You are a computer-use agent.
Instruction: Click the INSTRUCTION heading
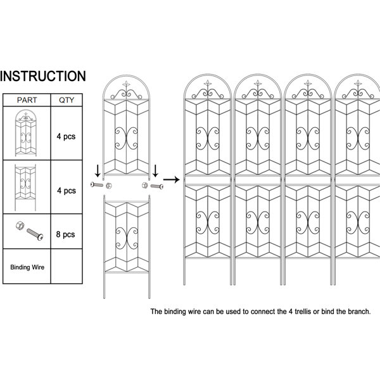[x=43, y=76]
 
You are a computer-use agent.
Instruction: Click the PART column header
[x=27, y=100]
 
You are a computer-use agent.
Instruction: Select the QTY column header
[x=66, y=100]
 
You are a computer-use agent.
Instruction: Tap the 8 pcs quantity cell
[x=66, y=234]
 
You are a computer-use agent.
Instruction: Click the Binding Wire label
[x=27, y=267]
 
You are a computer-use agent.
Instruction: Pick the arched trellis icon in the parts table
[x=26, y=133]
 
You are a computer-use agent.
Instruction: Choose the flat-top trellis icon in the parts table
[x=25, y=187]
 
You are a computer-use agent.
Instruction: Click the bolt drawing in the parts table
[x=35, y=234]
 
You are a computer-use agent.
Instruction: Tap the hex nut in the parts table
[x=20, y=225]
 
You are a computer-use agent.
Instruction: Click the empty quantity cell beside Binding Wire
[x=66, y=266]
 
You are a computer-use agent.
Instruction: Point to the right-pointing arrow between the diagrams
[x=172, y=180]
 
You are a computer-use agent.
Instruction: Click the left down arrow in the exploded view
[x=98, y=171]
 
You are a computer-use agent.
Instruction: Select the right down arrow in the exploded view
[x=155, y=171]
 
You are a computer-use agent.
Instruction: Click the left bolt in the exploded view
[x=97, y=185]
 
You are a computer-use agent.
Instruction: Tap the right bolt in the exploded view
[x=157, y=186]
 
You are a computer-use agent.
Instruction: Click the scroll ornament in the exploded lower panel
[x=127, y=238]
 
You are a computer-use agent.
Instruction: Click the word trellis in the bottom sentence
[x=303, y=312]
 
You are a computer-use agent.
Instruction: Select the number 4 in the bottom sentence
[x=290, y=312]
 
